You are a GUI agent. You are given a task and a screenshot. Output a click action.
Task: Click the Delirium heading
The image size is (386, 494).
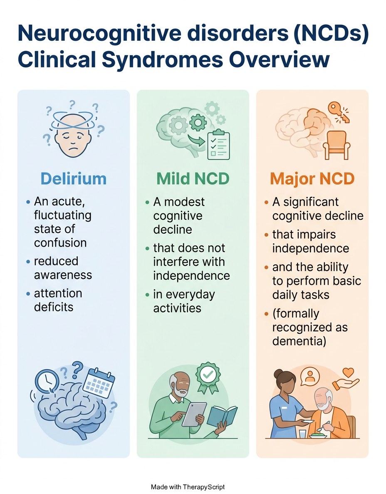coord(74,179)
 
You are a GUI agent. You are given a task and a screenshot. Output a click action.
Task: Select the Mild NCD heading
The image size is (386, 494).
coord(193,179)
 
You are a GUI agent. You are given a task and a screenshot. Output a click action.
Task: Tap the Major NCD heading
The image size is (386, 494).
coord(312,179)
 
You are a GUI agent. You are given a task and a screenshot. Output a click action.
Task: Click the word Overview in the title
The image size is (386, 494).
coord(279,59)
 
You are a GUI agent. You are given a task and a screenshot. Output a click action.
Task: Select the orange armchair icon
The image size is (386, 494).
coord(336,145)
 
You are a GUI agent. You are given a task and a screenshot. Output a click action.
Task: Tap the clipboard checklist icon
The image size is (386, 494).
coord(218,145)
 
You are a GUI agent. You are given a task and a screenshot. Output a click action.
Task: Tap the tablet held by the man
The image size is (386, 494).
coord(194,414)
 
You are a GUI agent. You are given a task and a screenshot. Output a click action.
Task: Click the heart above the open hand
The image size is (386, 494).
coord(348,373)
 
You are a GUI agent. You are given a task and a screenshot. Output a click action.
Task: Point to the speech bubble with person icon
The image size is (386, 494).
coord(310,376)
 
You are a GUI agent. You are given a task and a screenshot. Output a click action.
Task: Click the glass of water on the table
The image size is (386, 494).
coord(302,434)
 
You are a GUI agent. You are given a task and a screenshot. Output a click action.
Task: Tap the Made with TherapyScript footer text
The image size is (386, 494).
coord(188,487)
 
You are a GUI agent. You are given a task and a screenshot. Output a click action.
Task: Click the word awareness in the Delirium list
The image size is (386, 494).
coord(63,275)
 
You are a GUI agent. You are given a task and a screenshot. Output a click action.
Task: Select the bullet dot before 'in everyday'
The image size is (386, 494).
coord(147,295)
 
